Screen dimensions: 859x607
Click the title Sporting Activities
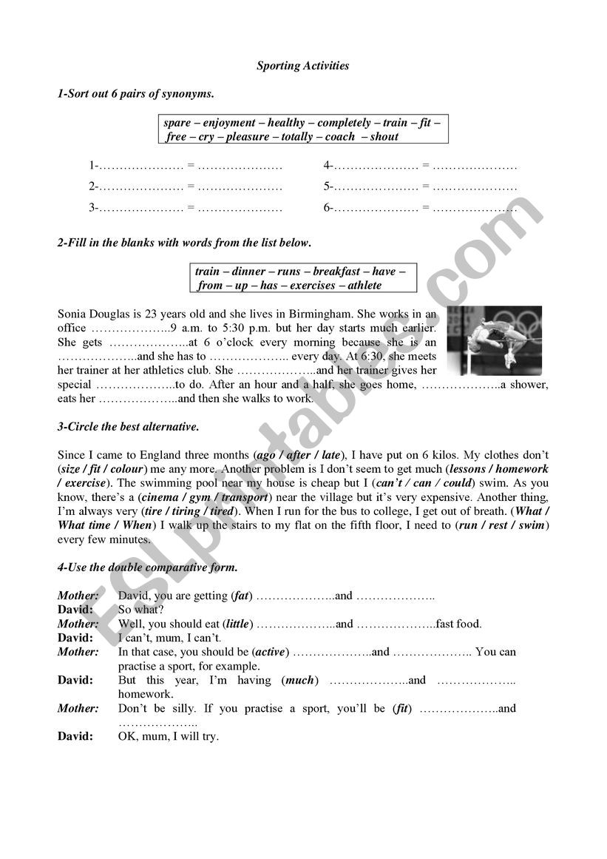coord(302,66)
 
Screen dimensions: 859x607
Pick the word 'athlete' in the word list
coord(365,286)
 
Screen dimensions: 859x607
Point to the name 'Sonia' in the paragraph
coord(72,314)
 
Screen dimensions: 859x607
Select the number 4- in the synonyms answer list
coord(328,166)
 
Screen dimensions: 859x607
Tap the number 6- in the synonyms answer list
coord(328,208)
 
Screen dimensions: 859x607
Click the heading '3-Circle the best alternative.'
coord(128,427)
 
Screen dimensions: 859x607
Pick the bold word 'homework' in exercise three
coord(522,469)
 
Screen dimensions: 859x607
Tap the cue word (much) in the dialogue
coord(299,680)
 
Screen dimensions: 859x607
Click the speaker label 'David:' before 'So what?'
coord(75,610)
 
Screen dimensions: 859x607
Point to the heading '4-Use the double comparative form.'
coord(147,567)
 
